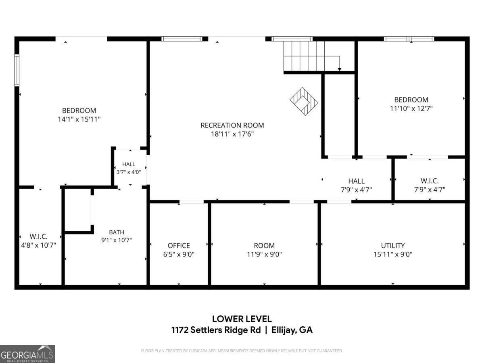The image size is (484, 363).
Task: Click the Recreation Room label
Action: coord(232,125)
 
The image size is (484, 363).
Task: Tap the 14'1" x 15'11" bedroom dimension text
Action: coord(79,119)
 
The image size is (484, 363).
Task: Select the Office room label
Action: coord(179,246)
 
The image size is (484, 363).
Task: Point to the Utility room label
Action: coord(393,246)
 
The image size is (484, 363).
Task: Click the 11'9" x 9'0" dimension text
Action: coord(264,255)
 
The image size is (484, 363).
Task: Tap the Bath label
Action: coord(117,232)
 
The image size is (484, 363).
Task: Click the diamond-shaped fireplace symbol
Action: coord(304,101)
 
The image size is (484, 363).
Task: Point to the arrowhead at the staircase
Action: coord(340,69)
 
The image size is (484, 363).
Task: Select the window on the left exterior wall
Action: coord(17,70)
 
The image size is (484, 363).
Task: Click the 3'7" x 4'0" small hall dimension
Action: coord(129,172)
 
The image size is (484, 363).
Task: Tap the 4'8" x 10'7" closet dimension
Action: coord(39,245)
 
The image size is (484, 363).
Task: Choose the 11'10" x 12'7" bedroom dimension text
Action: coord(411,108)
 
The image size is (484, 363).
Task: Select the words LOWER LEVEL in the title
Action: coord(242,319)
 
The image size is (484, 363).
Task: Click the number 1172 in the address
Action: coord(180,330)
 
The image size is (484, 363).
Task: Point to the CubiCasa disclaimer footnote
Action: coord(242,350)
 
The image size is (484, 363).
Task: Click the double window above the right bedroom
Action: coord(409,39)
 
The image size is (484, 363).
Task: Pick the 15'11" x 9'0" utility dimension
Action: coord(393,255)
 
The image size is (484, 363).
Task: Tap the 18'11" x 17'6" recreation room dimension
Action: coord(232,134)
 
